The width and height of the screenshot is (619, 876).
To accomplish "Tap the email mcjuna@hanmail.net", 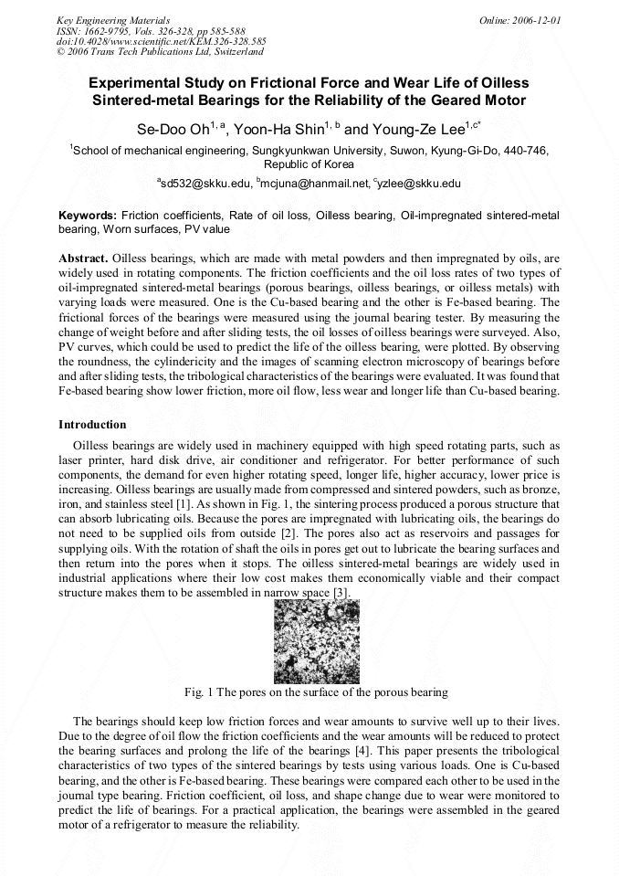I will (x=315, y=184).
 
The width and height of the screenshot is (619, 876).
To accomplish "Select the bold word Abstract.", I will (x=84, y=259).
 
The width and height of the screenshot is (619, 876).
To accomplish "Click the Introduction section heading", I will (x=92, y=425).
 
